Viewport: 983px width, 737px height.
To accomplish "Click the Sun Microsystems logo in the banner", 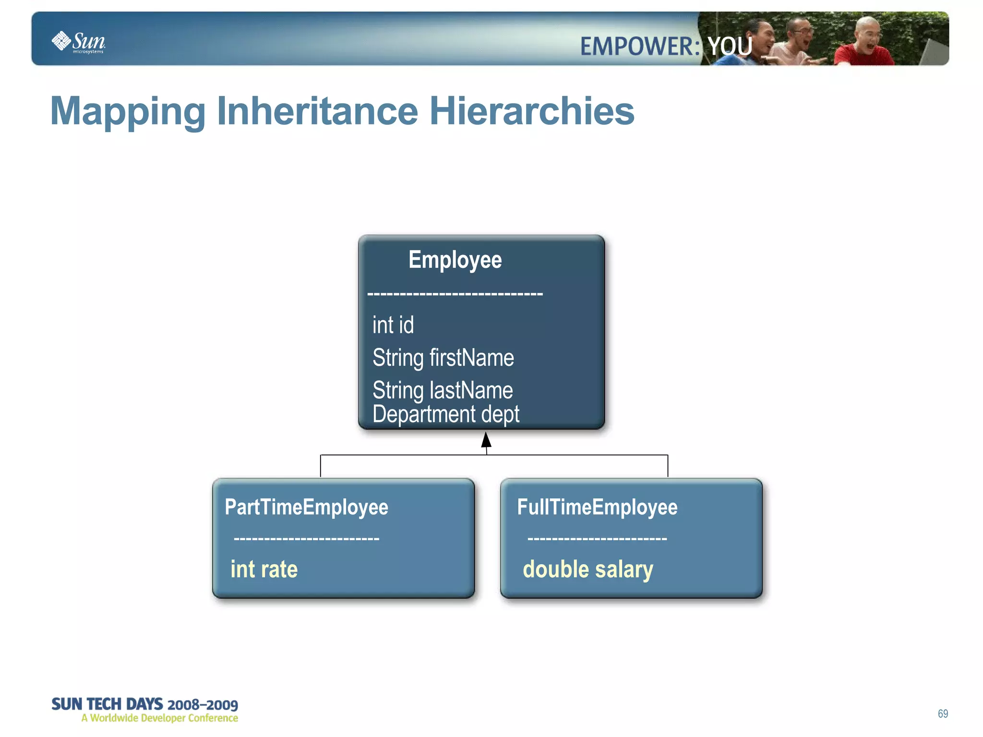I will click(78, 42).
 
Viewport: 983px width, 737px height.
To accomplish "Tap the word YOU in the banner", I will click(730, 47).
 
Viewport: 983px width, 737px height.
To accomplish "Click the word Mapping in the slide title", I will click(128, 111).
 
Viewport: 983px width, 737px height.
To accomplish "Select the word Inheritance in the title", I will click(317, 111).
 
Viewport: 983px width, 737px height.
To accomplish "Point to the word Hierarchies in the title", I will click(531, 111).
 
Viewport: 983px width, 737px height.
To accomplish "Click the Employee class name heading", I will click(455, 260).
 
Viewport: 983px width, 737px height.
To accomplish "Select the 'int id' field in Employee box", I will click(393, 325).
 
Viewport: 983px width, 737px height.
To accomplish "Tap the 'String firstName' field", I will click(443, 358).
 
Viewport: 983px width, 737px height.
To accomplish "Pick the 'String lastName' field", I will click(443, 390).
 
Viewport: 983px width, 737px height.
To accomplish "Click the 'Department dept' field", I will click(446, 414).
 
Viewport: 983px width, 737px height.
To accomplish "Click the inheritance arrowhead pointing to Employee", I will click(486, 440).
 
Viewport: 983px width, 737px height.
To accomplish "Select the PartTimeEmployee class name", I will click(306, 507).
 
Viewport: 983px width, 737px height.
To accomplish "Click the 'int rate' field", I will click(264, 569).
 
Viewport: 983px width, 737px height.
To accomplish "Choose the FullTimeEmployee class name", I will click(597, 507).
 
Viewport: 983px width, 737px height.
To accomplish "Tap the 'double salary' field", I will click(587, 569).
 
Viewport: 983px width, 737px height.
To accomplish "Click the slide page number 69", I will click(943, 713).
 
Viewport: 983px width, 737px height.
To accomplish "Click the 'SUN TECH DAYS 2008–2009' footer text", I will click(144, 704).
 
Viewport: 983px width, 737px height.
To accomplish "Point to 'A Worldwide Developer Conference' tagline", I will click(160, 718).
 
